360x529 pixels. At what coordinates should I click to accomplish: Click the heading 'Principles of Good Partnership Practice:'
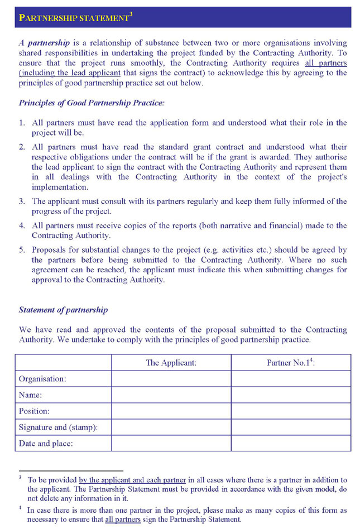click(x=92, y=103)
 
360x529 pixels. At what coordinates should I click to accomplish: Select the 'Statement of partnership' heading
click(x=64, y=310)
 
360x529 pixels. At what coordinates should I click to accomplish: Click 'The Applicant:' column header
click(x=171, y=363)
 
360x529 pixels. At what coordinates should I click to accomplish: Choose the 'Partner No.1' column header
click(x=291, y=363)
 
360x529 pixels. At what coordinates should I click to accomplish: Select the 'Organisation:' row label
click(x=42, y=379)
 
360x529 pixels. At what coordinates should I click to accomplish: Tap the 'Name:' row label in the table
click(x=31, y=395)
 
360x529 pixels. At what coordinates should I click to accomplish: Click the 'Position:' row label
click(x=35, y=411)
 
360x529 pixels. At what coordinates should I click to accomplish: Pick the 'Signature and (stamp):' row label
click(x=58, y=427)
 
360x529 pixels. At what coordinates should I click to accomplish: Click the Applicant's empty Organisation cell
click(x=171, y=379)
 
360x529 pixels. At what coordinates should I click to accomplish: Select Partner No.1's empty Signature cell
click(x=291, y=427)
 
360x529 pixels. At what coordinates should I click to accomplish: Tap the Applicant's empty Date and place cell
click(x=171, y=444)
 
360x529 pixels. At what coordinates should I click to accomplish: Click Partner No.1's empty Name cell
click(x=291, y=395)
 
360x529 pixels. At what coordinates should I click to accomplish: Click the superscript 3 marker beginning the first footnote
click(x=20, y=478)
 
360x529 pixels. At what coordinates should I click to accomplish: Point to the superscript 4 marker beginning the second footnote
click(x=20, y=508)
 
